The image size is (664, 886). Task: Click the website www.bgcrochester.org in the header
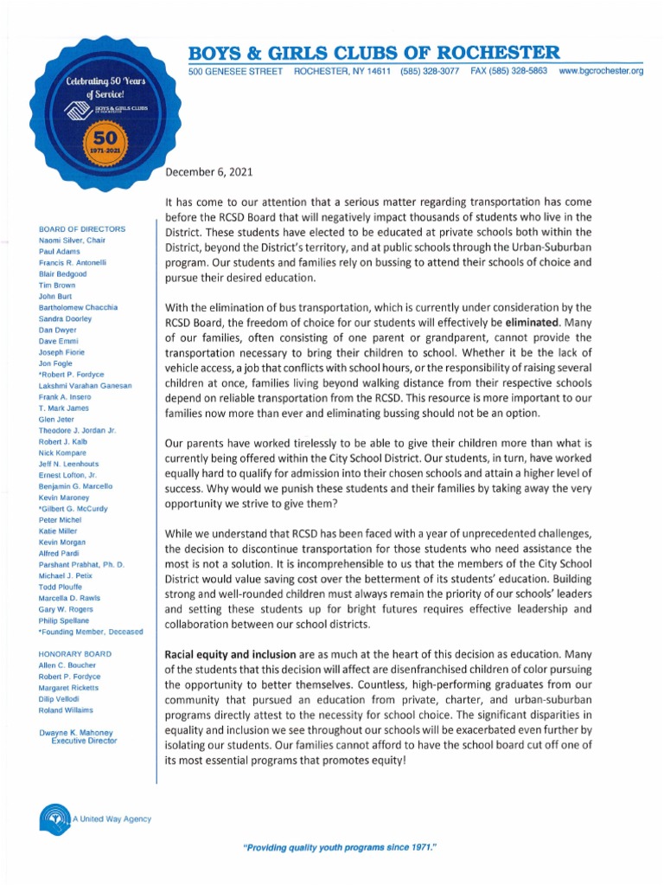pyautogui.click(x=601, y=70)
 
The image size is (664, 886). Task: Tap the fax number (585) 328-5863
pyautogui.click(x=509, y=70)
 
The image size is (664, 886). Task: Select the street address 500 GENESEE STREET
pyautogui.click(x=236, y=70)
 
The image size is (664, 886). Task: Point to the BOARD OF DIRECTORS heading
pyautogui.click(x=82, y=228)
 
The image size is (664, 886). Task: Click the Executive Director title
pyautogui.click(x=84, y=741)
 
